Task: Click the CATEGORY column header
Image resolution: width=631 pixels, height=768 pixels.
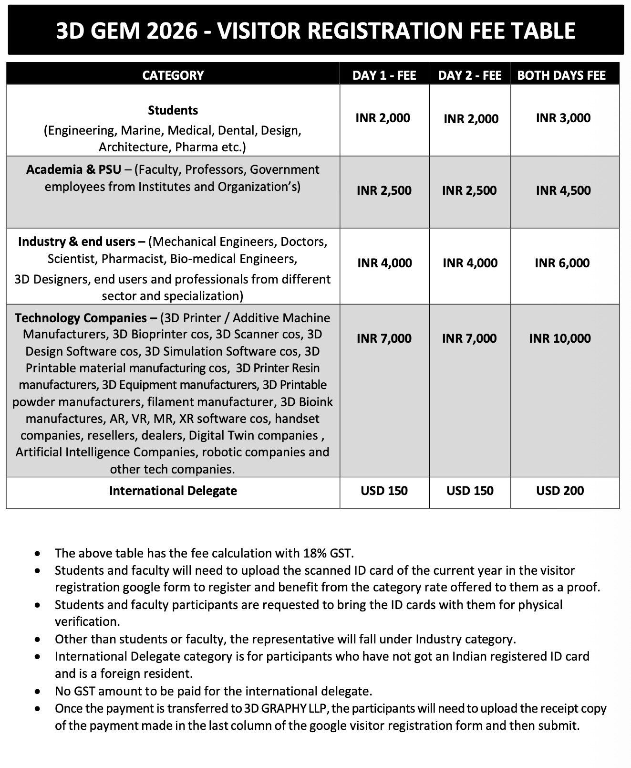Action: (x=173, y=75)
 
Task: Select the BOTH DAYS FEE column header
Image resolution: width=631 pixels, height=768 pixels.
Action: (x=561, y=75)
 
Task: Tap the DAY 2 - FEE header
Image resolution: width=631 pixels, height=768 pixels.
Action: (x=470, y=75)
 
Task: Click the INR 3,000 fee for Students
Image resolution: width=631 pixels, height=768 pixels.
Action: (x=563, y=118)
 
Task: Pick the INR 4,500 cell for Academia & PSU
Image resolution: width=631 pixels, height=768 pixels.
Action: (x=563, y=190)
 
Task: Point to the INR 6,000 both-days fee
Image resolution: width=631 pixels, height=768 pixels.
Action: (x=562, y=263)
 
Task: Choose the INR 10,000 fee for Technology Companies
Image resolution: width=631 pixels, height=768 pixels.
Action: (x=560, y=338)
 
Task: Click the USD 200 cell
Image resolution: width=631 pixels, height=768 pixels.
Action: (x=560, y=491)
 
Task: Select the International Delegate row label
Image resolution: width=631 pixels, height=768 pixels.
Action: (x=173, y=491)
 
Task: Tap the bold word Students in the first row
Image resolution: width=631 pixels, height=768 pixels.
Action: (x=173, y=110)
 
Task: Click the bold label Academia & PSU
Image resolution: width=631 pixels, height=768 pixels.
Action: (x=73, y=169)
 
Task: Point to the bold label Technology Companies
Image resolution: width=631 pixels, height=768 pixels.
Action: (x=81, y=318)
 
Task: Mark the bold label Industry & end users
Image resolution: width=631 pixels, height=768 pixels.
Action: (x=81, y=242)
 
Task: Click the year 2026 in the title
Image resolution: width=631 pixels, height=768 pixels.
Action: (x=172, y=31)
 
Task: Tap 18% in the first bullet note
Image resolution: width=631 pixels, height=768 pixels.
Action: (x=315, y=553)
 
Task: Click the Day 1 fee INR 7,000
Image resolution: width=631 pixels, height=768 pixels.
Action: (x=384, y=338)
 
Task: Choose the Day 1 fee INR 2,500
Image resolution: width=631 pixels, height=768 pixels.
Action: (x=384, y=190)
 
